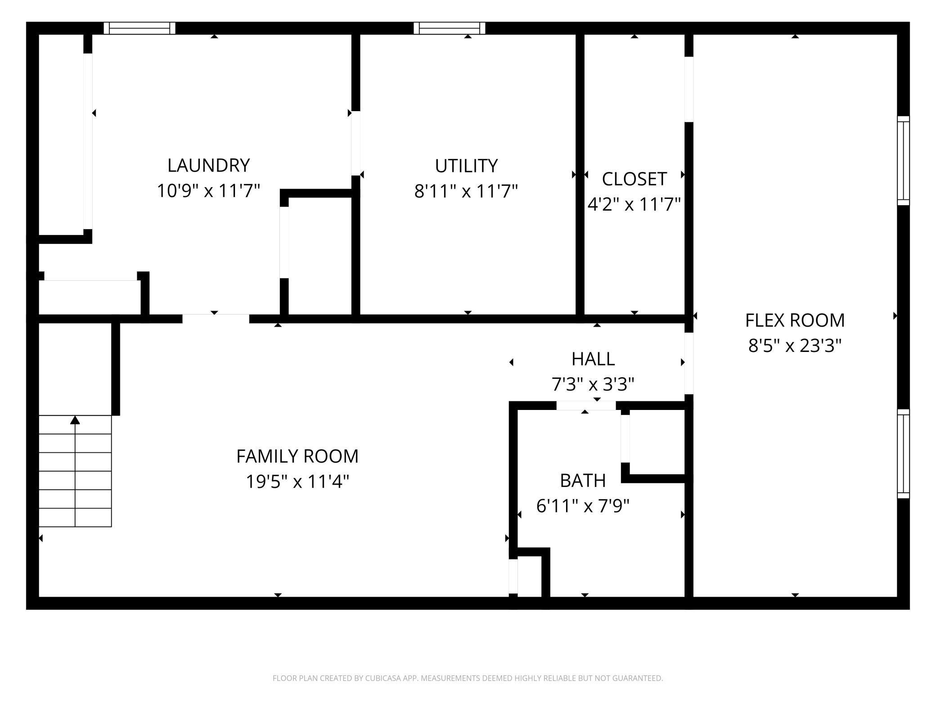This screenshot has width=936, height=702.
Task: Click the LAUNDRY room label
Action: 208,166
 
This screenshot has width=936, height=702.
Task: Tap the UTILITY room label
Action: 466,166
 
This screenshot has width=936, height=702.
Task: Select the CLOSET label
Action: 634,179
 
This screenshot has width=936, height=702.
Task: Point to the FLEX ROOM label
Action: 795,320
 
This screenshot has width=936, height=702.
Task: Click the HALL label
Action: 593,359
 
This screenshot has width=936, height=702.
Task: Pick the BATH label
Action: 583,481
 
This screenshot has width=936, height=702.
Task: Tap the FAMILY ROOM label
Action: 297,456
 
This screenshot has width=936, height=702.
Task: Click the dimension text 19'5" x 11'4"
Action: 297,482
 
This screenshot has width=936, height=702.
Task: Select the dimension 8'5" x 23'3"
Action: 795,346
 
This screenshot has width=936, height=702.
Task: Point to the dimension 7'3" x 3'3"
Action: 593,385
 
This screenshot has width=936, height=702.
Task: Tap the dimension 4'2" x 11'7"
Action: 634,205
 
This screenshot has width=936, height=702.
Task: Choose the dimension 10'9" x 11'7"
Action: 208,191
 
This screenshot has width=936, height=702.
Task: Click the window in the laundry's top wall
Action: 139,28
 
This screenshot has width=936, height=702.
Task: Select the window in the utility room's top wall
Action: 450,28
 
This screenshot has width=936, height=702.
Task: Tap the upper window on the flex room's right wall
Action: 903,161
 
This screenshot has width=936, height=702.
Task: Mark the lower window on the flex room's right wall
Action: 903,454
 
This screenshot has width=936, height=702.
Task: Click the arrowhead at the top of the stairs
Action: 75,420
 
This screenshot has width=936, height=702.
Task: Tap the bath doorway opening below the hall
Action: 586,405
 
